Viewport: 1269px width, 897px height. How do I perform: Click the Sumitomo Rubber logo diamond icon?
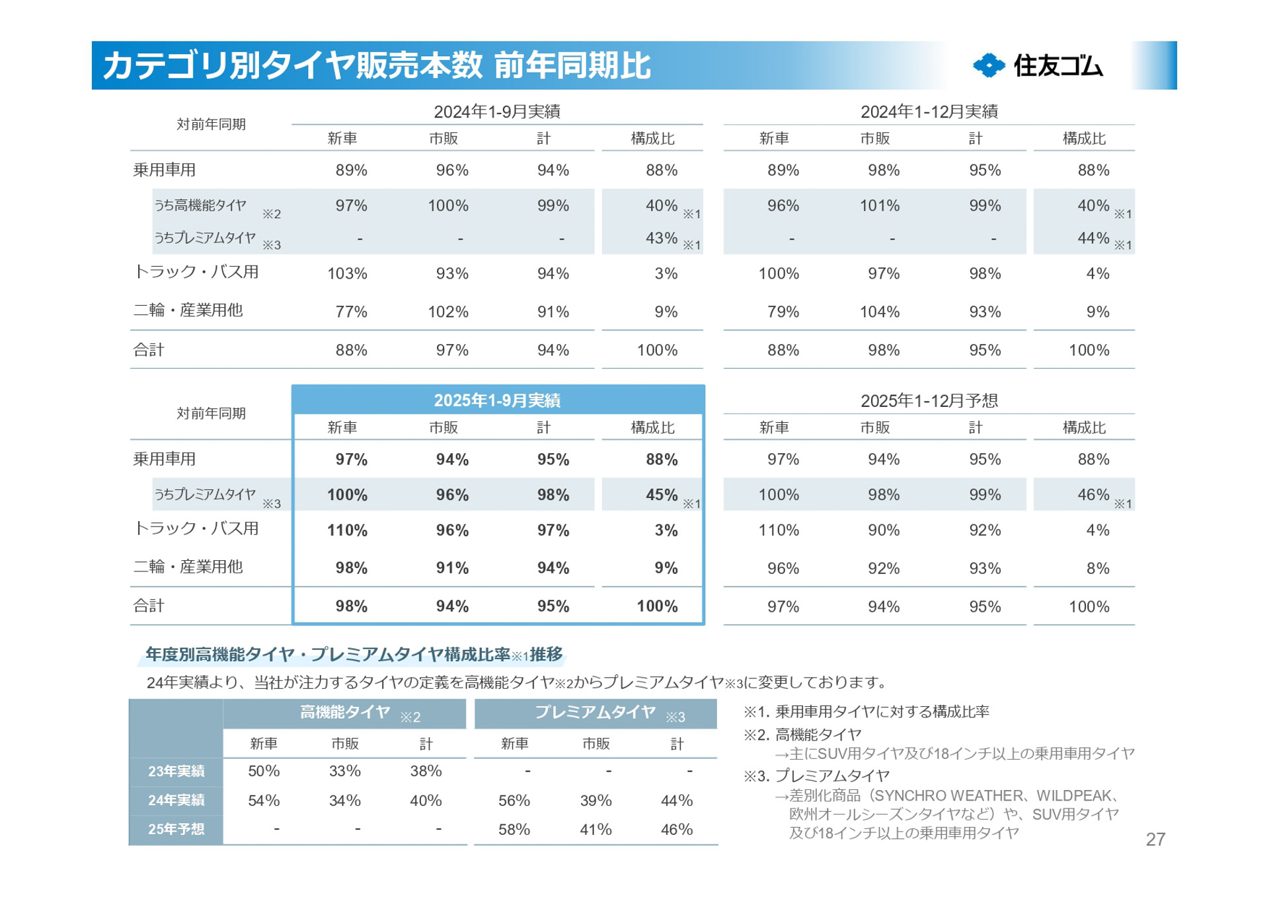[989, 65]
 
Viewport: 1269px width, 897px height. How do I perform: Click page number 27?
[1155, 839]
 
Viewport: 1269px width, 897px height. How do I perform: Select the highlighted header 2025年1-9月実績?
[497, 400]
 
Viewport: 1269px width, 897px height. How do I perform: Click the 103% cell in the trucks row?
[347, 273]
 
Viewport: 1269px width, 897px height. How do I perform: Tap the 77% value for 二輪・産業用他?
[351, 312]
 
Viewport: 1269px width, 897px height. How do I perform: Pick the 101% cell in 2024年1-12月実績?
[879, 205]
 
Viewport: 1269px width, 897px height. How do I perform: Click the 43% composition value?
[661, 238]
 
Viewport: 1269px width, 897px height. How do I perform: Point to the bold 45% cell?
[661, 495]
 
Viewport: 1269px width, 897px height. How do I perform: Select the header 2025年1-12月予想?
[929, 400]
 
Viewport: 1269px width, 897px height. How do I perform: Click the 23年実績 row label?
[176, 771]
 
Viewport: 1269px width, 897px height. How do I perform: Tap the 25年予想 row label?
[176, 829]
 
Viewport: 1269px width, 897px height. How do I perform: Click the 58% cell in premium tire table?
[514, 829]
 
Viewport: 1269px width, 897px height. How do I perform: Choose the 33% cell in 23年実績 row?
[344, 771]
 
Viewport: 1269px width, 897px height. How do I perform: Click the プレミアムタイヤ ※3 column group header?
[596, 713]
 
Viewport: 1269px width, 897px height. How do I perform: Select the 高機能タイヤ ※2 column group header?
[345, 713]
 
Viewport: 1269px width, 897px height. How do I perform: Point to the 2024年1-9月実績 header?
[497, 112]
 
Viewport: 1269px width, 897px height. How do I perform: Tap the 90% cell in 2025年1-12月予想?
[883, 530]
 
